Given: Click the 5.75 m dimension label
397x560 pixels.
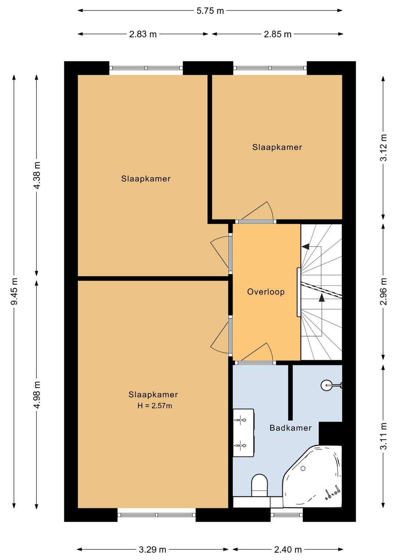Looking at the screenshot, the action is click(x=210, y=11).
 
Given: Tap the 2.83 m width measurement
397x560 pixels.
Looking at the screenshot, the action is click(x=143, y=34).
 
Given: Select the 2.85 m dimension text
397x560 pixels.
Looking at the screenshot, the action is click(x=278, y=34).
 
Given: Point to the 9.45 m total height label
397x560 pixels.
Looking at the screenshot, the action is click(x=14, y=291).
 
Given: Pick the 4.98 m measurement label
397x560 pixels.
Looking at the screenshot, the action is click(x=37, y=395).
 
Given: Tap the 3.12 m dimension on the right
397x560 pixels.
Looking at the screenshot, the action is click(x=383, y=148).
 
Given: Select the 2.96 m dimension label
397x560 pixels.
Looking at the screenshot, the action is click(x=383, y=291).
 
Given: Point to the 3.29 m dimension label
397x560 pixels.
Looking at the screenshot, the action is click(x=153, y=549).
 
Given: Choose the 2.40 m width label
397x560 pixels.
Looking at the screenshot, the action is click(x=288, y=549).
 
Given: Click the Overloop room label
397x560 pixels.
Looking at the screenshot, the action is click(x=266, y=292).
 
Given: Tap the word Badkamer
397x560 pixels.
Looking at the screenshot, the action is click(x=290, y=428).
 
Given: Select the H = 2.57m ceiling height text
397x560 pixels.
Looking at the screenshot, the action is click(x=154, y=406).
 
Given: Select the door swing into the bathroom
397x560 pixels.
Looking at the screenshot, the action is click(x=257, y=352).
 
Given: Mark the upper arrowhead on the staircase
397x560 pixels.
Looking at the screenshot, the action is click(x=305, y=247).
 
